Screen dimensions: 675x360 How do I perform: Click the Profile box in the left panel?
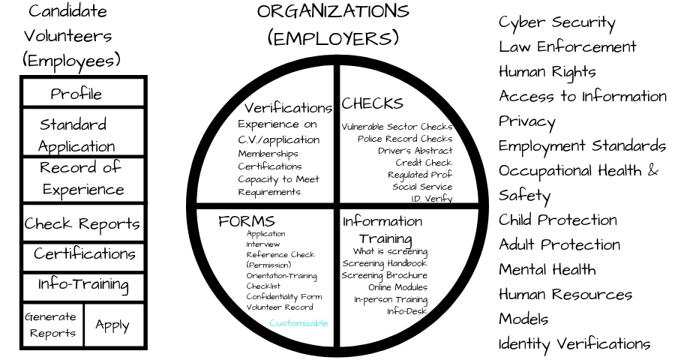pyautogui.click(x=83, y=92)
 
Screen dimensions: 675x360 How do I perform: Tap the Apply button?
pyautogui.click(x=114, y=325)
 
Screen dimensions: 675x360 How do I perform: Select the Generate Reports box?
pyautogui.click(x=52, y=325)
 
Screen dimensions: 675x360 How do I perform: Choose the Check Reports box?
pyautogui.click(x=83, y=223)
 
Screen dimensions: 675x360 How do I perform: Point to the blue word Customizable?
pyautogui.click(x=298, y=323)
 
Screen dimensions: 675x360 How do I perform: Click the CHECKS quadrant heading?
pyautogui.click(x=372, y=103)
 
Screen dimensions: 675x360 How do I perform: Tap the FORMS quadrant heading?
pyautogui.click(x=246, y=221)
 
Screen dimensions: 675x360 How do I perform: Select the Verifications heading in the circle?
pyautogui.click(x=289, y=108)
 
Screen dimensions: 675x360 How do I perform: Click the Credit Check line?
pyautogui.click(x=424, y=163)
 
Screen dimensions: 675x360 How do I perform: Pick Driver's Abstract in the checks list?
pyautogui.click(x=415, y=151)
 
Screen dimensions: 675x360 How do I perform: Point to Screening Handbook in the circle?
pyautogui.click(x=385, y=263)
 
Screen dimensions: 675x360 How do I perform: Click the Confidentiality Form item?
pyautogui.click(x=284, y=297)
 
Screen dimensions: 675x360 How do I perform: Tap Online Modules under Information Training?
pyautogui.click(x=397, y=287)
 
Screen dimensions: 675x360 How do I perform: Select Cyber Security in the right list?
pyautogui.click(x=557, y=23)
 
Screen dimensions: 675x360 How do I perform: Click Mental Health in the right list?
pyautogui.click(x=547, y=269)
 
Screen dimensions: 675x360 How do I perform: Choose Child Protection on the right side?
pyautogui.click(x=558, y=220)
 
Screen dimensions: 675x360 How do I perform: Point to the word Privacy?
pyautogui.click(x=527, y=122)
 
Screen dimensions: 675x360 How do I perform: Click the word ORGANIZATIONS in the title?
pyautogui.click(x=333, y=12)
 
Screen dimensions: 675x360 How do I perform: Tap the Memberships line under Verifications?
pyautogui.click(x=268, y=154)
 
